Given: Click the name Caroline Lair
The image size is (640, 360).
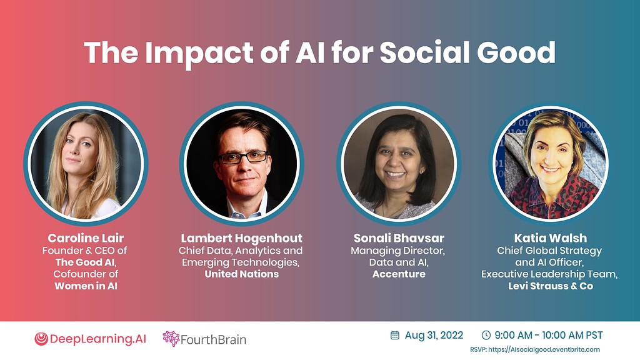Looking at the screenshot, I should pos(86,238).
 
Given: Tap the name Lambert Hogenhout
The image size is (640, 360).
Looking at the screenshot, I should pos(241,238).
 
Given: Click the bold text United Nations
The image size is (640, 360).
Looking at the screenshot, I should pos(241,274).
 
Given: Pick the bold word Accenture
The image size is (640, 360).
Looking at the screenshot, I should pos(399,274).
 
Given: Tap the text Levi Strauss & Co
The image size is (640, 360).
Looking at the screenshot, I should pos(551,286).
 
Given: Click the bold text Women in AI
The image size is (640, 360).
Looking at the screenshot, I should pos(86,286).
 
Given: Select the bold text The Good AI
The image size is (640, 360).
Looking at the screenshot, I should pos(86,262).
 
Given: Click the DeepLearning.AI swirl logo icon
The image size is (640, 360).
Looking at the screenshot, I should pos(41,339).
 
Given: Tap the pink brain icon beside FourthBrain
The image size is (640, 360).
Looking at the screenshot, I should pos(171,339).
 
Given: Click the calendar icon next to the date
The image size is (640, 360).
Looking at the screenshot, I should pos(395,335).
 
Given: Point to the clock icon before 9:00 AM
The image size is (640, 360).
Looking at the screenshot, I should pos(486,335).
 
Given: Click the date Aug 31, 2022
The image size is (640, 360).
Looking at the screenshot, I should pos(433,336).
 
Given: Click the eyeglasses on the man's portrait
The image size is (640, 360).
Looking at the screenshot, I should pos(242,157).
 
